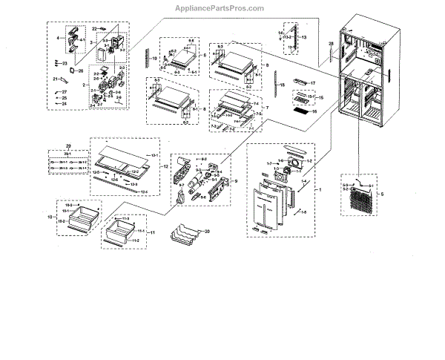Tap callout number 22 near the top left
tap(95, 28)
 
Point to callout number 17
tap(313, 83)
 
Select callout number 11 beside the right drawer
tap(152, 233)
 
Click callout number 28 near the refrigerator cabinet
tap(332, 46)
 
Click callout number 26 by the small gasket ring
tap(81, 71)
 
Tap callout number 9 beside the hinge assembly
tap(234, 182)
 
